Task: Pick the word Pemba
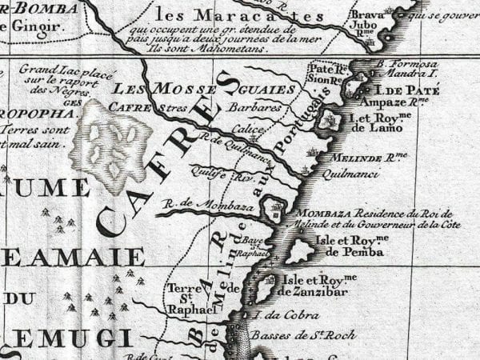366,251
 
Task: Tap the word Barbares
253,106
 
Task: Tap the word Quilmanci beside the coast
350,171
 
